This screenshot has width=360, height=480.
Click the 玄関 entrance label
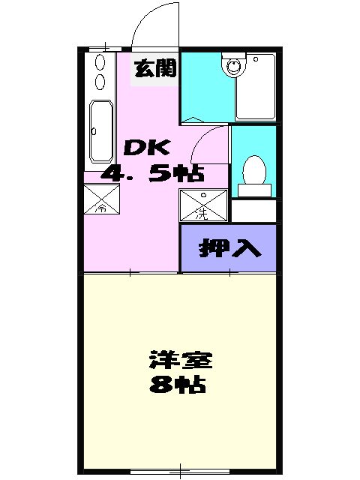155,69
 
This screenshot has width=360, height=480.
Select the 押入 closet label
229,249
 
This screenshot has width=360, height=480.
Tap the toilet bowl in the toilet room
253,169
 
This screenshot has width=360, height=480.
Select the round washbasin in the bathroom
232,66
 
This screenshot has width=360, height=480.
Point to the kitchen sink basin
100,130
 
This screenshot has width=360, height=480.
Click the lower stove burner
100,81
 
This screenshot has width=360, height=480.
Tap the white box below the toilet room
253,211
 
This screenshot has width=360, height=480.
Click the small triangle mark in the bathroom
193,119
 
